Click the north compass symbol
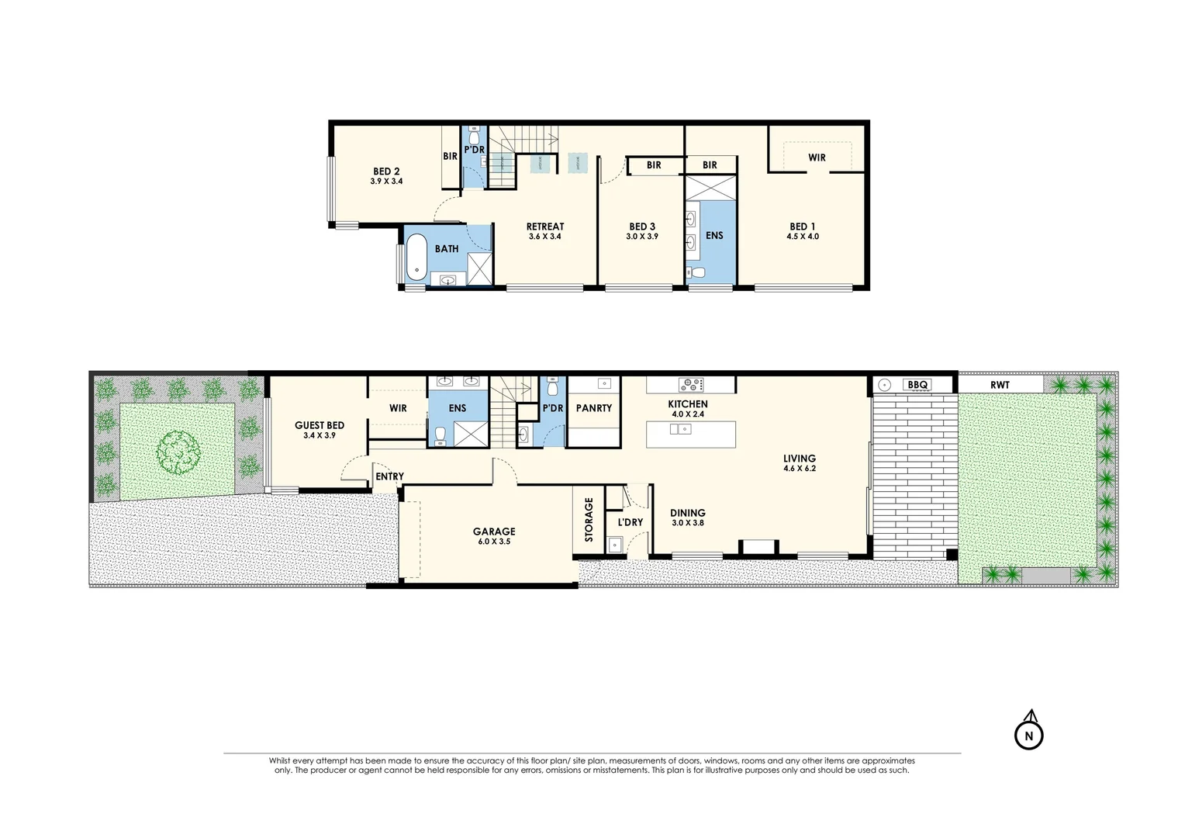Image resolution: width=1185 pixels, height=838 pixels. click(1029, 735)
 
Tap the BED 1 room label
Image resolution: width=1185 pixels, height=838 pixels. click(803, 227)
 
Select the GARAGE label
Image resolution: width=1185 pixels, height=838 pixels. click(494, 532)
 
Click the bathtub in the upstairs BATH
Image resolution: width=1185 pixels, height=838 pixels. click(418, 257)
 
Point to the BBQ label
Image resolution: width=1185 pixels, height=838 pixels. click(917, 385)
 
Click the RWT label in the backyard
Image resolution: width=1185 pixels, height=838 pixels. click(1000, 385)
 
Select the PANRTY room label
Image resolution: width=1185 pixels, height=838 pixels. click(594, 408)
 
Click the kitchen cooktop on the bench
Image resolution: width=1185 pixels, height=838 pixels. click(690, 384)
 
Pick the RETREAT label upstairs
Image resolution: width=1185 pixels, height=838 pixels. click(545, 227)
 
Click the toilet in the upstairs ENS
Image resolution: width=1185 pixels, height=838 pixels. click(696, 273)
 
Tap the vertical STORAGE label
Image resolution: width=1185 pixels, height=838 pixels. click(589, 520)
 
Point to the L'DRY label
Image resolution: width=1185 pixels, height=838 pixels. click(631, 522)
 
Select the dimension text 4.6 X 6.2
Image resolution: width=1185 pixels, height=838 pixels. click(800, 469)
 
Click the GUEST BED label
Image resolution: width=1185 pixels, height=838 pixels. click(320, 425)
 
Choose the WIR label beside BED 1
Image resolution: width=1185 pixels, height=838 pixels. click(817, 158)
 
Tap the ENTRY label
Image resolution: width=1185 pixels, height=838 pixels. click(389, 476)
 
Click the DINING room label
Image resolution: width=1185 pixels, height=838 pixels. click(688, 513)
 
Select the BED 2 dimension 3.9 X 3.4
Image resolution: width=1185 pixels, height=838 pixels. click(386, 182)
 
